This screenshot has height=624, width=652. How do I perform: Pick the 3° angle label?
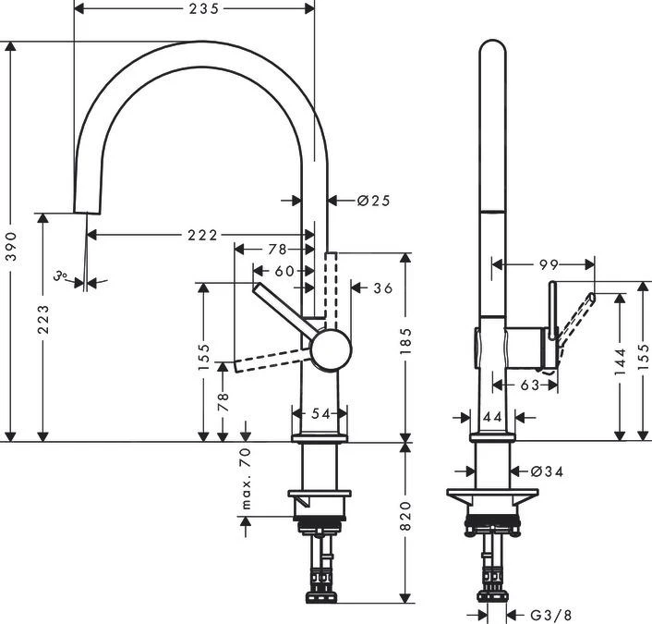click(x=62, y=275)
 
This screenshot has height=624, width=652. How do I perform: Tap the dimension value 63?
click(x=527, y=385)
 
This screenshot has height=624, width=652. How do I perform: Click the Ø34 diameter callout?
click(x=548, y=471)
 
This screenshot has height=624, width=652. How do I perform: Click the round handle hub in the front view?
click(x=332, y=352)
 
